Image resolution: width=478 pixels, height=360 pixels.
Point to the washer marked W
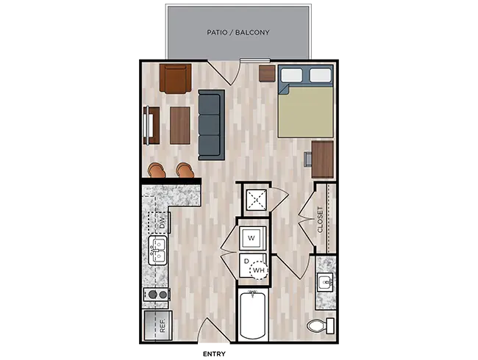tap(251, 238)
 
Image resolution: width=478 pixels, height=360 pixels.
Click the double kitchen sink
tap(157, 251)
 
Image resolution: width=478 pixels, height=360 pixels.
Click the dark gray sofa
tap(211, 123)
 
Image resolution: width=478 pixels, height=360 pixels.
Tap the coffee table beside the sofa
tap(180, 126)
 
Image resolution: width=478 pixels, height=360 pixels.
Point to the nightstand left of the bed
tap(267, 73)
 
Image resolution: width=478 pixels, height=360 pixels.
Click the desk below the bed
tap(322, 159)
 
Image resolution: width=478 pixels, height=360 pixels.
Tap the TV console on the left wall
tap(151, 126)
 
